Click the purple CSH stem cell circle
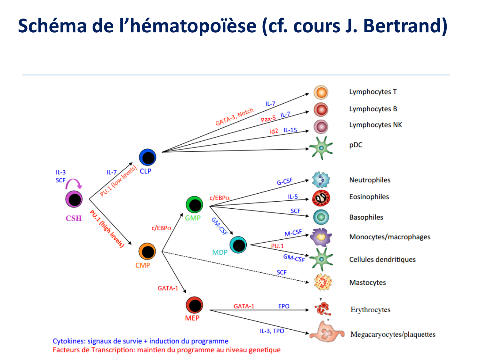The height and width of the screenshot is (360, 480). (74, 199)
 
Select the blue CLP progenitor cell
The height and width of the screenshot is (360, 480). (148, 157)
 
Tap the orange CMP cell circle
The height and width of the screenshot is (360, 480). (147, 252)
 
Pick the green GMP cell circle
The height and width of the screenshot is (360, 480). (195, 204)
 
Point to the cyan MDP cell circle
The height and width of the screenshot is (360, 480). (238, 245)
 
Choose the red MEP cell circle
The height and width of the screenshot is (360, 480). (195, 305)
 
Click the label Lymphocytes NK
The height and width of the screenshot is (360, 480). (375, 125)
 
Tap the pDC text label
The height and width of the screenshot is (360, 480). (356, 145)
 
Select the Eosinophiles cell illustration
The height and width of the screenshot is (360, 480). (321, 198)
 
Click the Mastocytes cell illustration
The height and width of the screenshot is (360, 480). (323, 282)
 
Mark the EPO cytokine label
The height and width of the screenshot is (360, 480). (284, 306)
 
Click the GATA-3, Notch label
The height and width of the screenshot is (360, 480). (235, 116)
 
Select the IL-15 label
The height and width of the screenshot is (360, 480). (290, 130)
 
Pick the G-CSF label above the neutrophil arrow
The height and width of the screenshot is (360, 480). (284, 181)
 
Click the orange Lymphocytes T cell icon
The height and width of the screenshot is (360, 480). (321, 92)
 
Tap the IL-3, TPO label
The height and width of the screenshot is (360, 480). (272, 331)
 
